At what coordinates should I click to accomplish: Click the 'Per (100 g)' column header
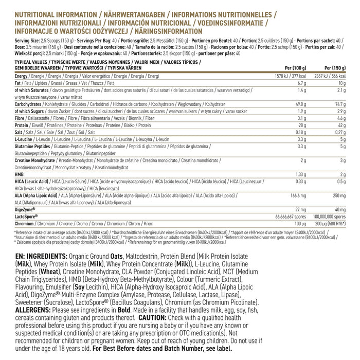click(x=296, y=68)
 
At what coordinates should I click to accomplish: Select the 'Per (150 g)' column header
click(x=335, y=68)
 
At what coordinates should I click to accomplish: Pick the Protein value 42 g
click(x=342, y=124)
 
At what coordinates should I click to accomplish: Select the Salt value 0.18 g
click(x=300, y=132)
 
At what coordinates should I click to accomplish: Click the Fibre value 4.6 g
click(x=341, y=118)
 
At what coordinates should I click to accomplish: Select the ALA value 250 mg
click(x=338, y=195)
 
